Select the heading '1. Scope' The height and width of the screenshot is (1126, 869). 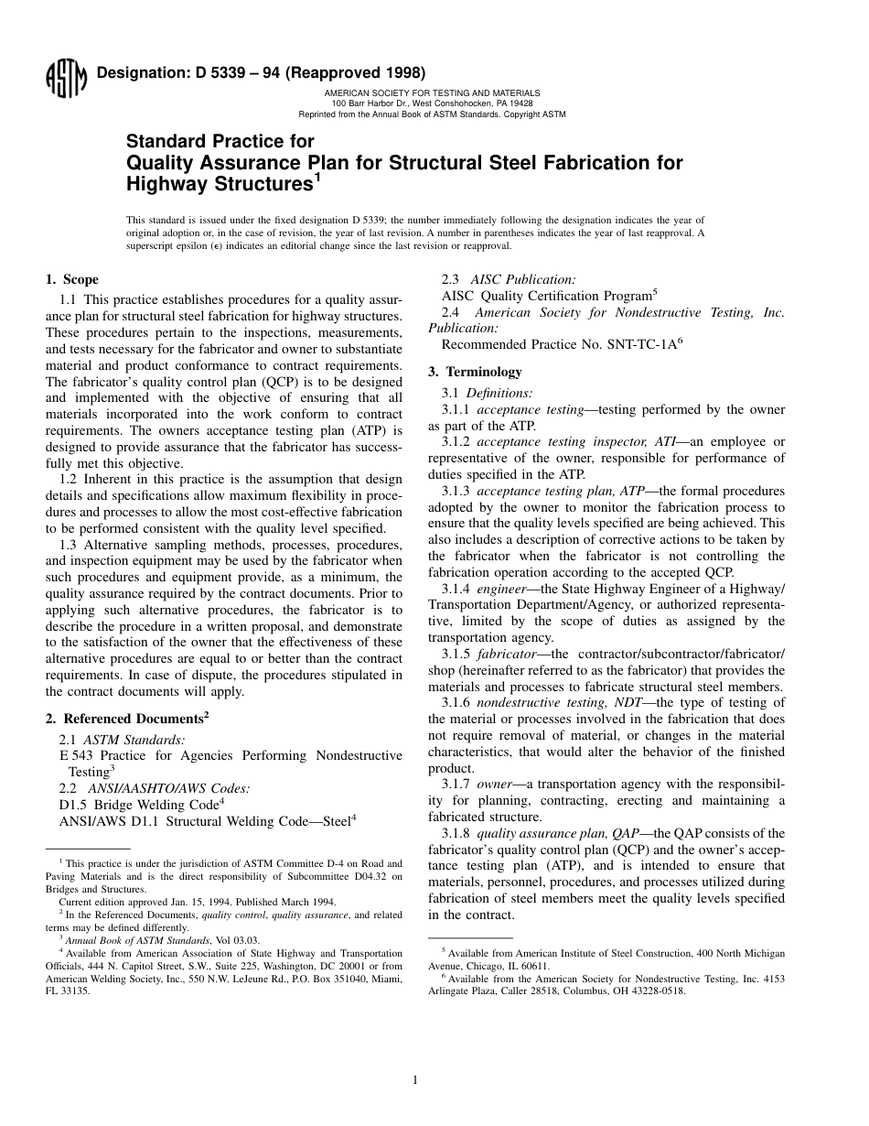[x=72, y=280]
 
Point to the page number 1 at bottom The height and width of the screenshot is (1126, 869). [x=415, y=1080]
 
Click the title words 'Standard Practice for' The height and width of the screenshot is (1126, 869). [x=220, y=142]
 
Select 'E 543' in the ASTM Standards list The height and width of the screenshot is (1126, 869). [x=77, y=755]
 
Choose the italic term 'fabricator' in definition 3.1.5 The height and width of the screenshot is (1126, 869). [x=510, y=655]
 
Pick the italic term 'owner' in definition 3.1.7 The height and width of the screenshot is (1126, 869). [x=494, y=785]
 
